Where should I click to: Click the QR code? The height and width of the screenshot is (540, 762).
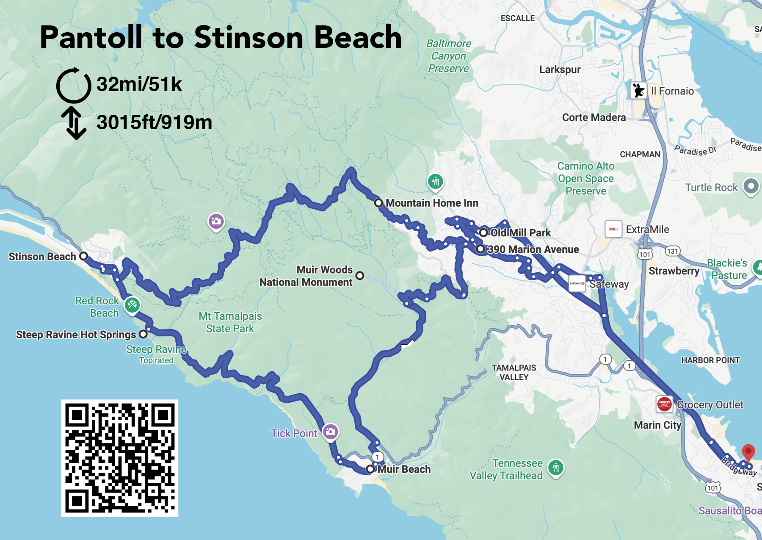pos(119,458)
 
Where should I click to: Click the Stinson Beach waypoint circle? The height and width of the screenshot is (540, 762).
pos(84,256)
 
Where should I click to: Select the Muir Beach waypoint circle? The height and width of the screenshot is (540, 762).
pos(370,469)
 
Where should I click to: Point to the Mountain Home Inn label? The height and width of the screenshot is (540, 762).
pos(432,203)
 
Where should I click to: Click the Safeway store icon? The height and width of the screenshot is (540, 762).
pos(577,283)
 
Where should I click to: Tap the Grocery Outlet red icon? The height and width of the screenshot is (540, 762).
pos(664,404)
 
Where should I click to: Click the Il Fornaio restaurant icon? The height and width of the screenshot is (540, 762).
pos(638,91)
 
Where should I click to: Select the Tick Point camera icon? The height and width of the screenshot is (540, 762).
pos(330,432)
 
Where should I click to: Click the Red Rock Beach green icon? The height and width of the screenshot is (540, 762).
pos(132,304)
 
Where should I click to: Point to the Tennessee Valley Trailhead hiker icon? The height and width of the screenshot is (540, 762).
pos(555,468)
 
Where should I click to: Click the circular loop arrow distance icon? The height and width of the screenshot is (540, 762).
pos(74,85)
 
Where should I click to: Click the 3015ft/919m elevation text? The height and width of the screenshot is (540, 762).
pos(154,123)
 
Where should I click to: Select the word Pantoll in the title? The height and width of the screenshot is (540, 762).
pos(91,37)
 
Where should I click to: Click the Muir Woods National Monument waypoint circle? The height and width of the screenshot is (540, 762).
pos(360,276)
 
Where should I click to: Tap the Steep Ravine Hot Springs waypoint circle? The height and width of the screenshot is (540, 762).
pos(144,334)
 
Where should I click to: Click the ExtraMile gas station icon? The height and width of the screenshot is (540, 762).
pos(613,229)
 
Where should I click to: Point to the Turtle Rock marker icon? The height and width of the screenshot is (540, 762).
pos(751,186)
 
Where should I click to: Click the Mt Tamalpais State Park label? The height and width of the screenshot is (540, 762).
pos(230,322)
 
